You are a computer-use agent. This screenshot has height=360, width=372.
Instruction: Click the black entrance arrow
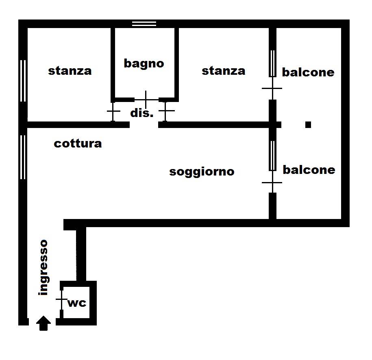click(44, 323)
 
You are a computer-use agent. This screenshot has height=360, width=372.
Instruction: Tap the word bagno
click(144, 63)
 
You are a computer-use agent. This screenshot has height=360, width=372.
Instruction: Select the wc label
click(77, 303)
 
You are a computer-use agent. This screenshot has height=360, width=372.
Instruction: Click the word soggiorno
click(202, 172)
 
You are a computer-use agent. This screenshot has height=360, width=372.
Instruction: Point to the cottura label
click(78, 144)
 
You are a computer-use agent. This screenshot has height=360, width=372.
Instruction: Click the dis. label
click(141, 113)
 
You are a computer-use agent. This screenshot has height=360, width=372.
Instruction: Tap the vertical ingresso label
click(44, 267)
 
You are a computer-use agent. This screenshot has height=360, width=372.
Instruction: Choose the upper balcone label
click(308, 72)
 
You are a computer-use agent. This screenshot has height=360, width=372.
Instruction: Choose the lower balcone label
click(309, 170)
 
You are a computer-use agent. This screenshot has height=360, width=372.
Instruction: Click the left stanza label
click(70, 71)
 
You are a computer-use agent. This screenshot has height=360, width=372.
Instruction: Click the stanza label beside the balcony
click(224, 71)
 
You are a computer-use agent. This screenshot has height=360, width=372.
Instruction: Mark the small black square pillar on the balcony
click(308, 124)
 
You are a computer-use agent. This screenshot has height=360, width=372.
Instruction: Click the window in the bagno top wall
click(144, 24)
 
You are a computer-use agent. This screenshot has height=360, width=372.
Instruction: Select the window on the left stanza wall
click(23, 80)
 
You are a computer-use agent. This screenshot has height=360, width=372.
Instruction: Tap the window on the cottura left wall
click(23, 157)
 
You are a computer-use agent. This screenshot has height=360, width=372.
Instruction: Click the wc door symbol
click(61, 299)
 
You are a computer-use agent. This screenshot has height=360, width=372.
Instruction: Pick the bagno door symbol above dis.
click(146, 100)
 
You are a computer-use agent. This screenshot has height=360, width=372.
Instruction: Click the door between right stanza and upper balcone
click(272, 88)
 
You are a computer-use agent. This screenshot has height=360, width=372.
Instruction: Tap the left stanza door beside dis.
click(113, 111)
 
